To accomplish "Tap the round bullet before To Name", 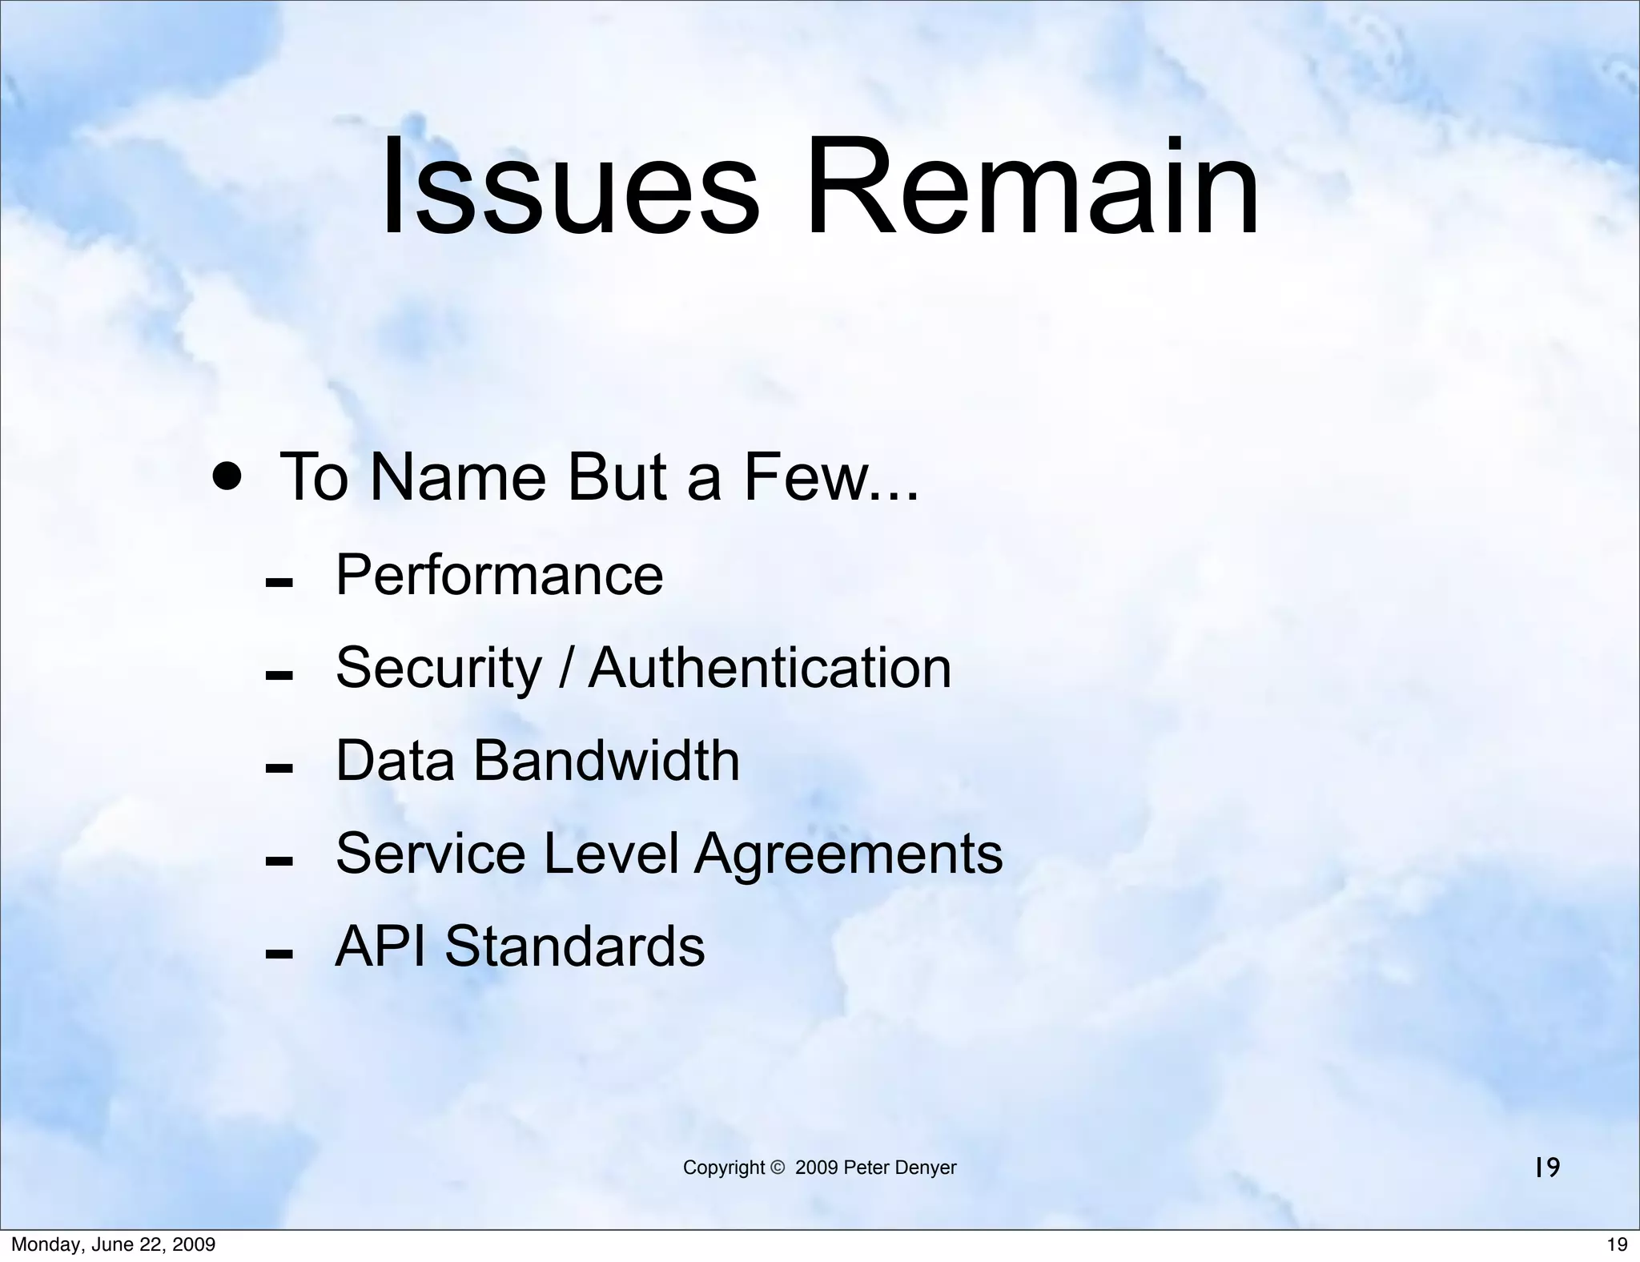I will [227, 479].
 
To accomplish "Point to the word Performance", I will [499, 575].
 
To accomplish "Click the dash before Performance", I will [278, 582].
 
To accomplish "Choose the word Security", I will [439, 669].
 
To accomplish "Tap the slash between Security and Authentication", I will [565, 669].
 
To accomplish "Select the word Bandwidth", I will [606, 760].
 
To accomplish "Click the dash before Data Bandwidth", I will [278, 769].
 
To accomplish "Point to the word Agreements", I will [848, 854].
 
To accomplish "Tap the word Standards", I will [574, 946].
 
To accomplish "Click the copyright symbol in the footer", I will [777, 1168].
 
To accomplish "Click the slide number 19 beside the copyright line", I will [1547, 1168].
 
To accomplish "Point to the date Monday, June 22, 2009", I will [113, 1244].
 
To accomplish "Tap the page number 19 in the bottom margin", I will [1617, 1244].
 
